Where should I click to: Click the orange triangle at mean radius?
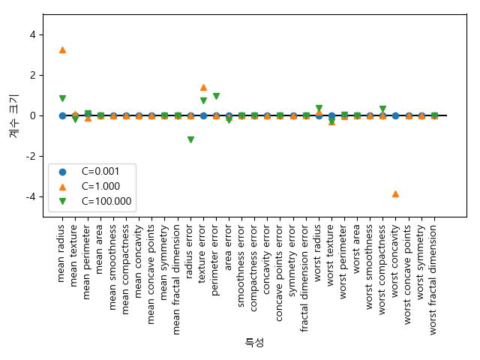62,49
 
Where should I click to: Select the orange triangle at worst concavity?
395,193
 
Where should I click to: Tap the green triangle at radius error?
190,140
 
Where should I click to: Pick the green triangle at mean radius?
62,98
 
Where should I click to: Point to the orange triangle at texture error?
203,87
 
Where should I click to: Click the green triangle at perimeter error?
216,96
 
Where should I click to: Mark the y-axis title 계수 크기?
13,115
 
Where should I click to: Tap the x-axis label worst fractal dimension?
433,271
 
